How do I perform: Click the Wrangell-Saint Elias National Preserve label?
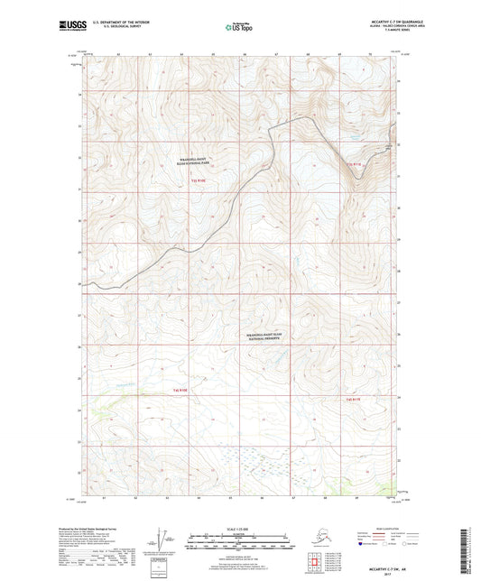coord(268,336)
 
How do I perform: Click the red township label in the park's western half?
coord(199,180)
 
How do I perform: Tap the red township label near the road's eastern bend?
coord(356,163)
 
